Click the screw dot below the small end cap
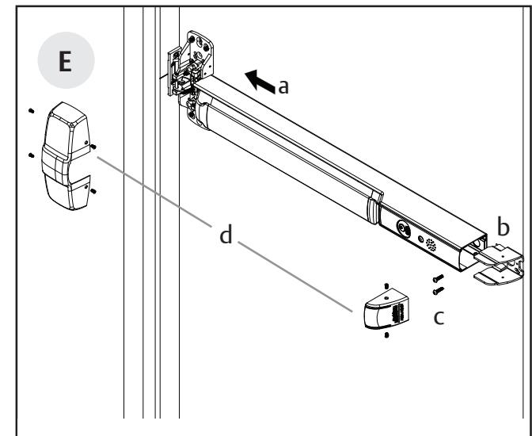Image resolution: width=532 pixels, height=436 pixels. click(x=386, y=336)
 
